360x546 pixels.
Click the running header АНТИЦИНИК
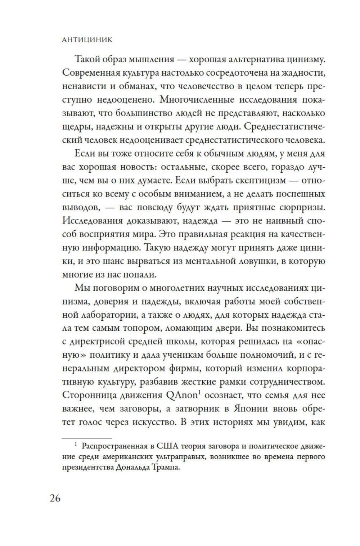coord(87,40)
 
